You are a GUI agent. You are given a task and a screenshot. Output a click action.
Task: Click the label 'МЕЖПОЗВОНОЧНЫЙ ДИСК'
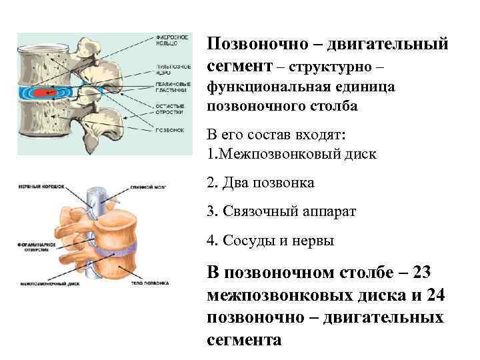[x=41, y=283]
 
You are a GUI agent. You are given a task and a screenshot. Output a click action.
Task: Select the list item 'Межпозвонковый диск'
[x=297, y=154]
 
